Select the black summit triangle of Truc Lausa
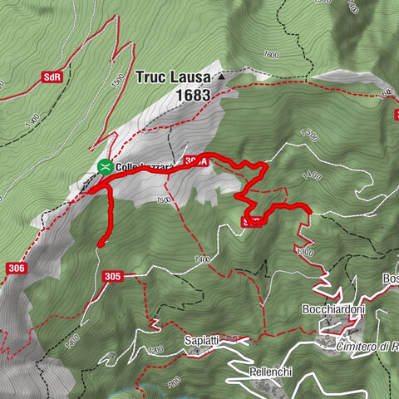pos(222,76)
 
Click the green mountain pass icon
pos(106,166)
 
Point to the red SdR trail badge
pos(52,77)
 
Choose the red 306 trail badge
pos(16,268)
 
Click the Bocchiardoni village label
pos(333,308)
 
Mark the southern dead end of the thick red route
pos(100,244)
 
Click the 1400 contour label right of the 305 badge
pos(201,260)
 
